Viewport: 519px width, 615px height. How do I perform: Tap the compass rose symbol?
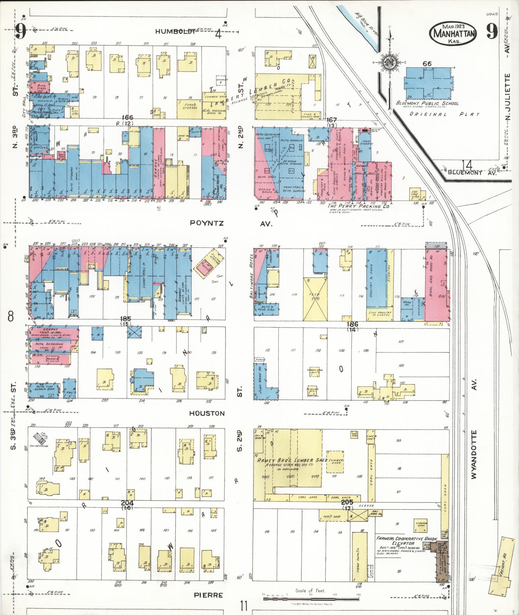(x=390, y=62)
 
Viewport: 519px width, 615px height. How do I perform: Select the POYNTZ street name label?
(x=207, y=223)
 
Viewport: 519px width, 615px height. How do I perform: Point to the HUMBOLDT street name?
(x=175, y=31)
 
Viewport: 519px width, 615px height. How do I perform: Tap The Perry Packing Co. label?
(x=358, y=206)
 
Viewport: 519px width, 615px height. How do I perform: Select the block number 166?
(x=127, y=118)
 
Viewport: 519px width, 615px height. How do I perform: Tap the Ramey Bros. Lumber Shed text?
(x=292, y=460)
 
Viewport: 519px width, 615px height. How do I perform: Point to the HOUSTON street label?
(x=207, y=413)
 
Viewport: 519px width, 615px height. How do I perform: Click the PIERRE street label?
(x=209, y=595)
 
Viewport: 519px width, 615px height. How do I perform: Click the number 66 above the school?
(x=427, y=64)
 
